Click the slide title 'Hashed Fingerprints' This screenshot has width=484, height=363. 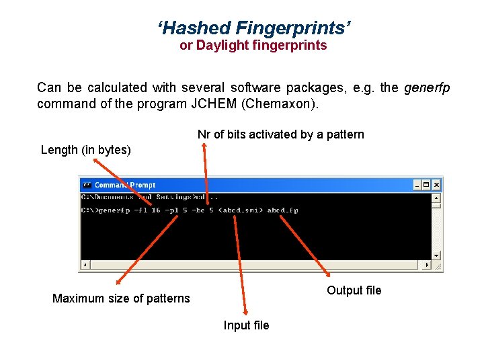(254, 28)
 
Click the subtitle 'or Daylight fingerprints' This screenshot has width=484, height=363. (253, 46)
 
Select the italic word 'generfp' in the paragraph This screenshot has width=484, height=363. (427, 87)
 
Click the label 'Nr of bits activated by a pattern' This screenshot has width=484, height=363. (280, 134)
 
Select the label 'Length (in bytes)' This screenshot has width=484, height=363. (86, 150)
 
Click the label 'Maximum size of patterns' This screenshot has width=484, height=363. (121, 298)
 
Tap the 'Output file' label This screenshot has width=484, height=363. (354, 290)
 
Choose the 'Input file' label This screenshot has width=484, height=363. (246, 325)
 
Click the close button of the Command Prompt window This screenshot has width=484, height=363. (436, 185)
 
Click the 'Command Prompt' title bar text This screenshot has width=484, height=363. (125, 185)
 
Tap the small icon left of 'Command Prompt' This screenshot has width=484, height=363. (87, 185)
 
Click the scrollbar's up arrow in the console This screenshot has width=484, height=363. (436, 198)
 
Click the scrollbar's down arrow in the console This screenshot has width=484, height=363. (436, 255)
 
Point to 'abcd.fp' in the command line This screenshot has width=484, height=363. (282, 210)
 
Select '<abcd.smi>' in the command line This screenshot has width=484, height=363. (241, 210)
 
